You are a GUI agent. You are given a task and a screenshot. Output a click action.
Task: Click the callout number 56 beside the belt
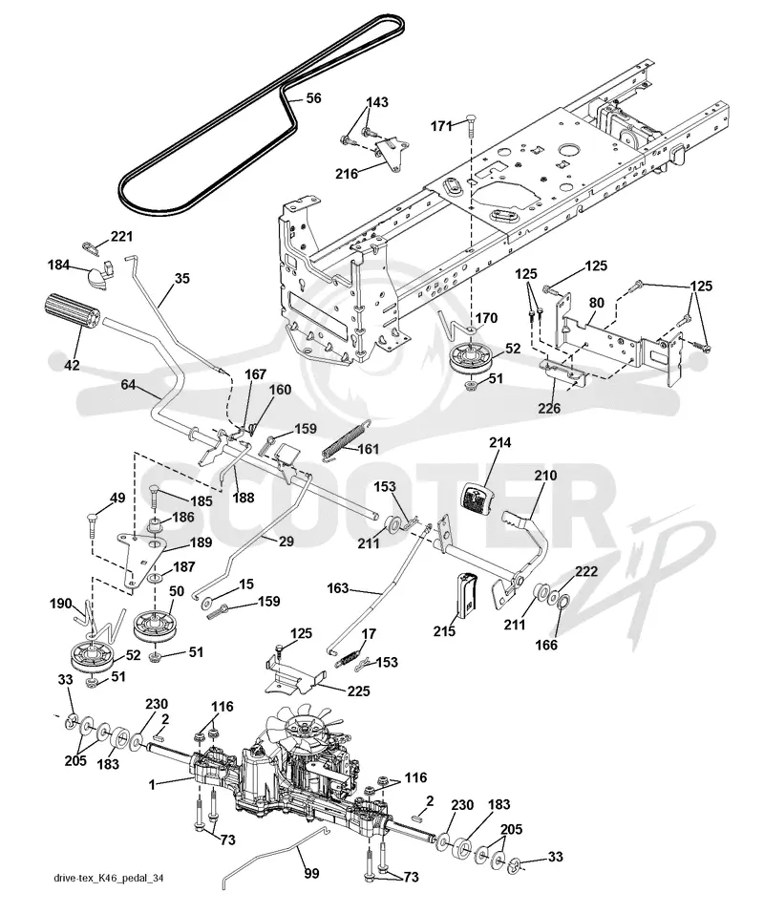click(313, 98)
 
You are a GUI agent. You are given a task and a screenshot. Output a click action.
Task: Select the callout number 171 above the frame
click(442, 125)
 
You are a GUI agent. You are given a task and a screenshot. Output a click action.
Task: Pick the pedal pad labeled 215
click(467, 595)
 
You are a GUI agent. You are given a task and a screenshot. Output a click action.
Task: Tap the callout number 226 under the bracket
click(549, 408)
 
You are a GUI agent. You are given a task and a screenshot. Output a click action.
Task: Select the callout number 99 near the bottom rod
click(311, 874)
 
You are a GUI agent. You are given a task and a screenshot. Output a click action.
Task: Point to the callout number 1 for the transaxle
click(152, 785)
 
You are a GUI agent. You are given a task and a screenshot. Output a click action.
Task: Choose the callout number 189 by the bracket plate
click(201, 542)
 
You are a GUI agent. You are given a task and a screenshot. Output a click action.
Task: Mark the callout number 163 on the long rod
click(337, 587)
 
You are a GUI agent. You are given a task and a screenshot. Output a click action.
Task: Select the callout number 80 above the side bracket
click(596, 303)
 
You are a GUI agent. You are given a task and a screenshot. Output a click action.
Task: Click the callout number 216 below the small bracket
click(347, 173)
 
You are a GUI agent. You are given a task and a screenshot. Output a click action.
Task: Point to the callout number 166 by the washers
click(546, 645)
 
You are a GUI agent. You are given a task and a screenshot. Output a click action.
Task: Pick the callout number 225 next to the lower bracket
click(358, 691)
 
